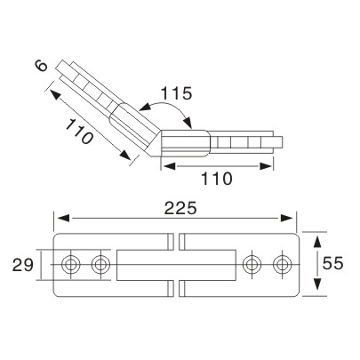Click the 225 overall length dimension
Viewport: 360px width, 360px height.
[x=175, y=206]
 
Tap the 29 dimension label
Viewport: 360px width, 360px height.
[x=24, y=264]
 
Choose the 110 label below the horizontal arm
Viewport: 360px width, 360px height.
[x=216, y=178]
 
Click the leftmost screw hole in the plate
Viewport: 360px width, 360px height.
[x=72, y=264]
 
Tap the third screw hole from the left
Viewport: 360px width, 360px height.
[x=252, y=264]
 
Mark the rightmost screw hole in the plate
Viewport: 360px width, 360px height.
[x=283, y=264]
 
